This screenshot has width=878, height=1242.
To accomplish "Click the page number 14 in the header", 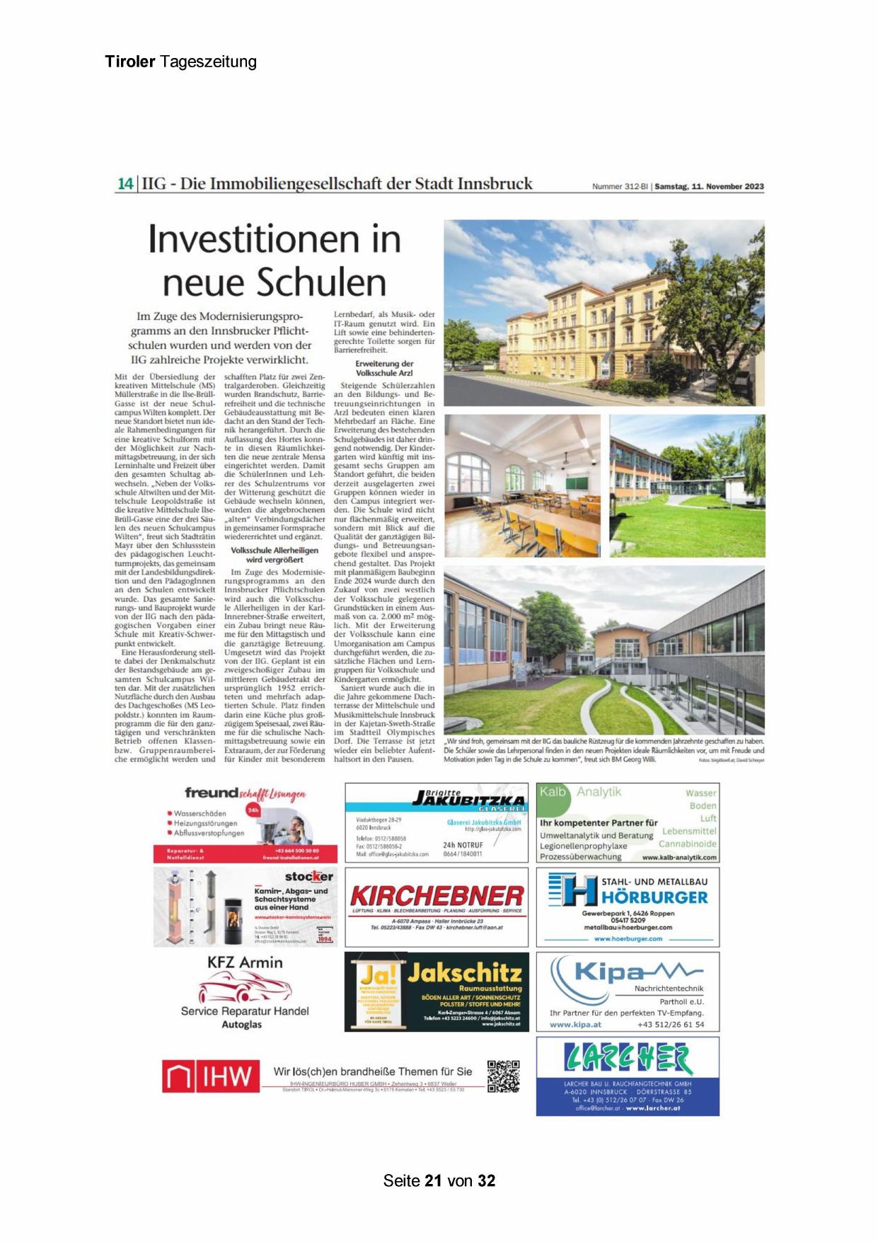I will click(125, 183).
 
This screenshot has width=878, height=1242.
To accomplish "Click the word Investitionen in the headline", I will click(275, 239).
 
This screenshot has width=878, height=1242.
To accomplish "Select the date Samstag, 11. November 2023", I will click(709, 187).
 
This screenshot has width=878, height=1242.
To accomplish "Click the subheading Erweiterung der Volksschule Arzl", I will click(384, 368).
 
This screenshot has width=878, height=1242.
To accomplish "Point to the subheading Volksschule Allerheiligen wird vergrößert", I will click(275, 555).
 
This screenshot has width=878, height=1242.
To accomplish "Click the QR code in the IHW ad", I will click(503, 1076).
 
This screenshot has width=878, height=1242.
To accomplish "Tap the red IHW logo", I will click(207, 1077).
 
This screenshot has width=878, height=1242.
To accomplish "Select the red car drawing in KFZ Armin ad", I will click(244, 986).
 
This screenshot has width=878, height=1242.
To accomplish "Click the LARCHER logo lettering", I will click(628, 1059).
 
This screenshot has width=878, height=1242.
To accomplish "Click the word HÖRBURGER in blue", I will click(654, 897).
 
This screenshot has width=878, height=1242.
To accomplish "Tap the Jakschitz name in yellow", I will click(464, 972).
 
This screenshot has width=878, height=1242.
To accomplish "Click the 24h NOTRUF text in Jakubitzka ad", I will click(463, 845).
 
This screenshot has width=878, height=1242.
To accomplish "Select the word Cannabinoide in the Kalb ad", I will click(687, 844).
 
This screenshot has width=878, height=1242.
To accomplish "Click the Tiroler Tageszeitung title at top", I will click(180, 62).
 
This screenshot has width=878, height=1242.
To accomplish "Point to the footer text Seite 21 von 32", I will click(439, 1180).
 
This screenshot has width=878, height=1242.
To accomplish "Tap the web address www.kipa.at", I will click(575, 1024).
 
